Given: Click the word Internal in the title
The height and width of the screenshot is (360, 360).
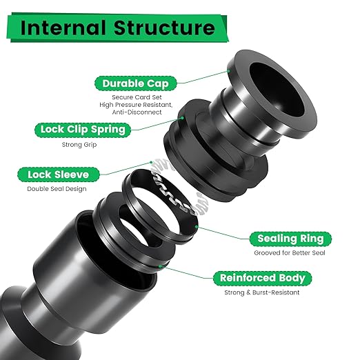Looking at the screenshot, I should pyautogui.click(x=66, y=28).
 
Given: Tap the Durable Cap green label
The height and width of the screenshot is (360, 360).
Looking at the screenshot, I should pyautogui.click(x=133, y=83).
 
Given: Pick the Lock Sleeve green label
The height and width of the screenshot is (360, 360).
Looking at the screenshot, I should pyautogui.click(x=59, y=174).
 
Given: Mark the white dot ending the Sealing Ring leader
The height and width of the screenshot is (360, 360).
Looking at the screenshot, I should pyautogui.click(x=197, y=226).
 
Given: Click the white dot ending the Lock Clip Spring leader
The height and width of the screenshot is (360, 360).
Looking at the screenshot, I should pyautogui.click(x=183, y=118).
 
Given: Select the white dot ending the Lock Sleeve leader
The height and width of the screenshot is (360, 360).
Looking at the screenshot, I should pyautogui.click(x=150, y=163).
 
